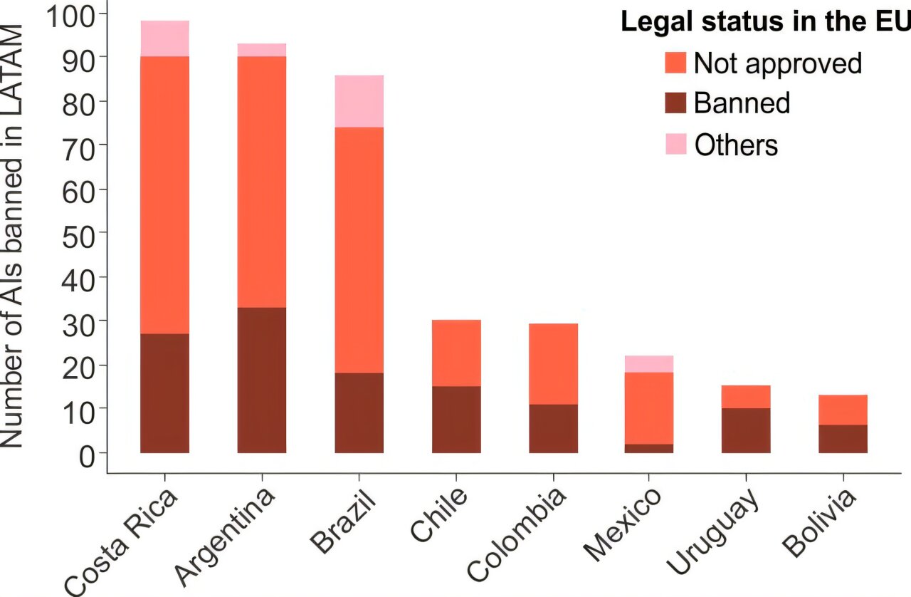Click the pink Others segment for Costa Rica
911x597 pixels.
click(165, 38)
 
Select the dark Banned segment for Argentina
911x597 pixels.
click(262, 380)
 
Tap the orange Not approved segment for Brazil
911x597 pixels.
click(359, 249)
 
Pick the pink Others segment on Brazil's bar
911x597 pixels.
click(359, 101)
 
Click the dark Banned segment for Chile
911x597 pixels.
click(456, 419)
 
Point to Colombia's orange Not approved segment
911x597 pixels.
click(553, 364)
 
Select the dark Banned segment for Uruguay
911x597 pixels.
click(746, 430)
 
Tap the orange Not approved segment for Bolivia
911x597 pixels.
click(843, 410)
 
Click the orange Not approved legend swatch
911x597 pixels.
click(676, 63)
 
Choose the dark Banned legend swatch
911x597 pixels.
click(676, 103)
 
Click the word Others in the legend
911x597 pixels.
click(736, 145)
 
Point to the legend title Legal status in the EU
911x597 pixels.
click(765, 21)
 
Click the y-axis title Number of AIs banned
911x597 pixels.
click(14, 235)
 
